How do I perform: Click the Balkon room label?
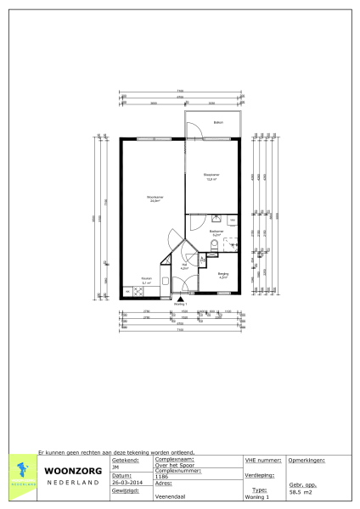click(218, 121)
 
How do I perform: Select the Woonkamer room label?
click(155, 199)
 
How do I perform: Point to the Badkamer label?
click(217, 231)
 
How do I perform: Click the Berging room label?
click(223, 274)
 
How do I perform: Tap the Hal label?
click(184, 265)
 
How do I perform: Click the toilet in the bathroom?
click(212, 246)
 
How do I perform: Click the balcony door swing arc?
click(194, 129)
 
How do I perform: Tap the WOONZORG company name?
click(74, 471)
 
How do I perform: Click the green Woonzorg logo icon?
click(25, 472)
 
